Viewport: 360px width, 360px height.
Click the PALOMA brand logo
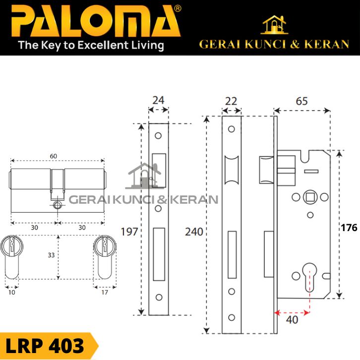(x=95, y=21)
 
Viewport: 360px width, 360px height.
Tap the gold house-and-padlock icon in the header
(x=274, y=25)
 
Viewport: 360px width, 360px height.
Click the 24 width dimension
(x=158, y=100)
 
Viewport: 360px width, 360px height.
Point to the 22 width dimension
(x=231, y=101)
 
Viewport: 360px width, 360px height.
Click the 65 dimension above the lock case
(x=301, y=101)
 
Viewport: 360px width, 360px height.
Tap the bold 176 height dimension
(x=349, y=228)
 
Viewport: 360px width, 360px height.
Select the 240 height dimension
(x=194, y=232)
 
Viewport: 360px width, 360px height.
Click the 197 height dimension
(x=129, y=232)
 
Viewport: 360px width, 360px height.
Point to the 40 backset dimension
(x=292, y=320)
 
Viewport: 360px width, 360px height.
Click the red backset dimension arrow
(x=292, y=312)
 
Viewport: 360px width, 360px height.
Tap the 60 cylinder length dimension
(x=53, y=156)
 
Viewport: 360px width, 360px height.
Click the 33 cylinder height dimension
(x=51, y=255)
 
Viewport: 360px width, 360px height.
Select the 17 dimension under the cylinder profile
(x=105, y=293)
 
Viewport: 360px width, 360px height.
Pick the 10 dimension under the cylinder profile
(x=12, y=293)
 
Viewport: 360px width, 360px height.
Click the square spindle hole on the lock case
(x=310, y=197)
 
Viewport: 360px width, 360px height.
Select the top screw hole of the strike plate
(x=158, y=135)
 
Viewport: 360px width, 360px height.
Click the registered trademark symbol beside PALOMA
(x=178, y=9)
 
